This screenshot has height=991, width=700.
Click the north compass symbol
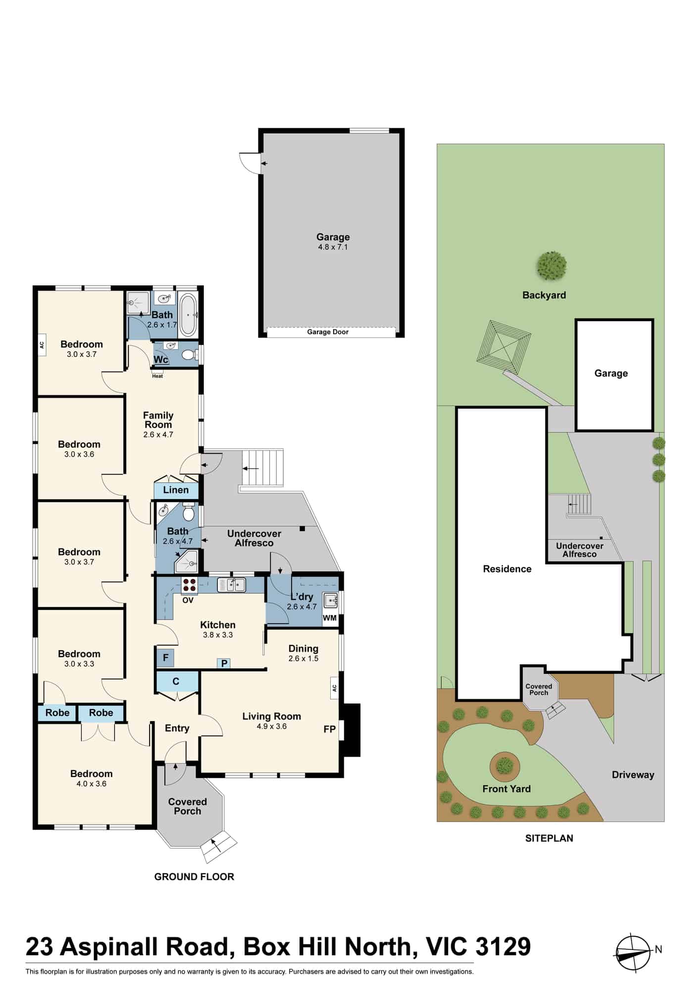(634, 952)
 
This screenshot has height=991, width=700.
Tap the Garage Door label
(328, 332)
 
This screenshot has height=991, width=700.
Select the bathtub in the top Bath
(188, 314)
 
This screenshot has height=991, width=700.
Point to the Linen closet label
(176, 490)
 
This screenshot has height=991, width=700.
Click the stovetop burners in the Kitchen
(190, 585)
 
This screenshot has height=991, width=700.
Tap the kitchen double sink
(232, 585)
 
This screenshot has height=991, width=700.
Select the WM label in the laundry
(330, 618)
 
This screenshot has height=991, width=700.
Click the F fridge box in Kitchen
(166, 658)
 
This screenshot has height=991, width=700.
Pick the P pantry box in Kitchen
(224, 663)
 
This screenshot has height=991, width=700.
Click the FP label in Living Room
(330, 729)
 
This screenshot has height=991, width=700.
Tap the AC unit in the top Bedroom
(42, 345)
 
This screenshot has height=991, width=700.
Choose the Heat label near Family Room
(157, 376)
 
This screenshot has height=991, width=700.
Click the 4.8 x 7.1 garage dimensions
(333, 247)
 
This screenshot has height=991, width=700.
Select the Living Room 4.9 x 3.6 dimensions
(272, 726)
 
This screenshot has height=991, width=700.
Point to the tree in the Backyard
(551, 266)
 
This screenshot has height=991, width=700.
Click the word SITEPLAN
(549, 838)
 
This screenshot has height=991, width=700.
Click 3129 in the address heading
(503, 946)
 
